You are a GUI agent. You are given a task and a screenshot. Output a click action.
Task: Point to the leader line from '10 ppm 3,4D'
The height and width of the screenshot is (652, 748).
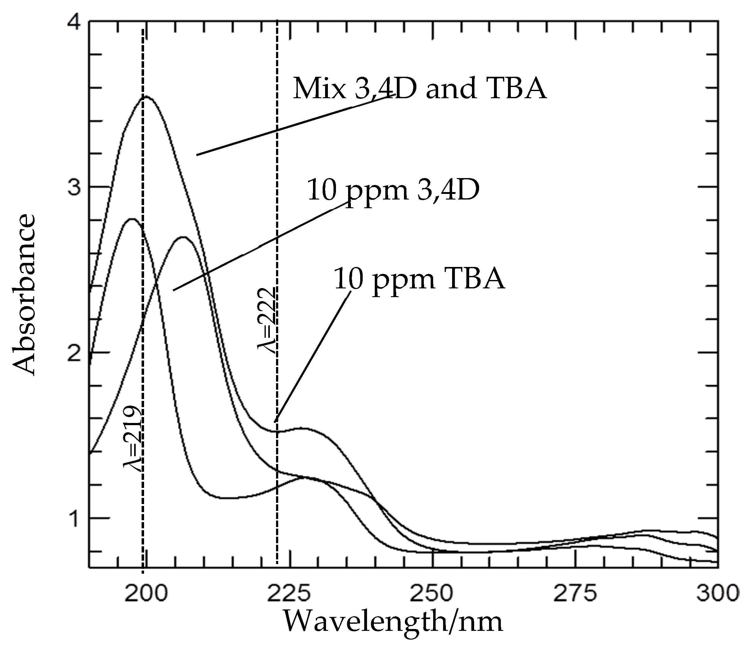pyautogui.click(x=260, y=246)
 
